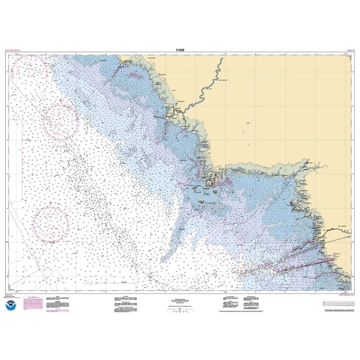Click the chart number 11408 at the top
180,50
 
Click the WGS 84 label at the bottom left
9,295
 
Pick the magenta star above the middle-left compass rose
61,100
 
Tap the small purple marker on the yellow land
243,131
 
